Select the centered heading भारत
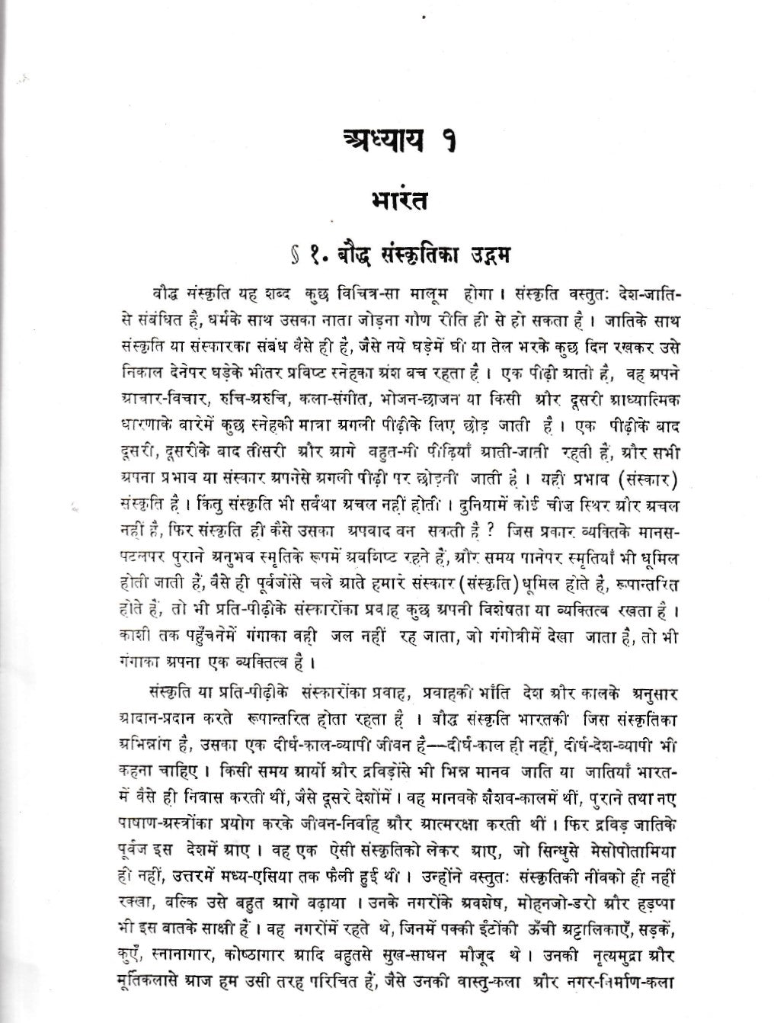[x=399, y=204]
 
